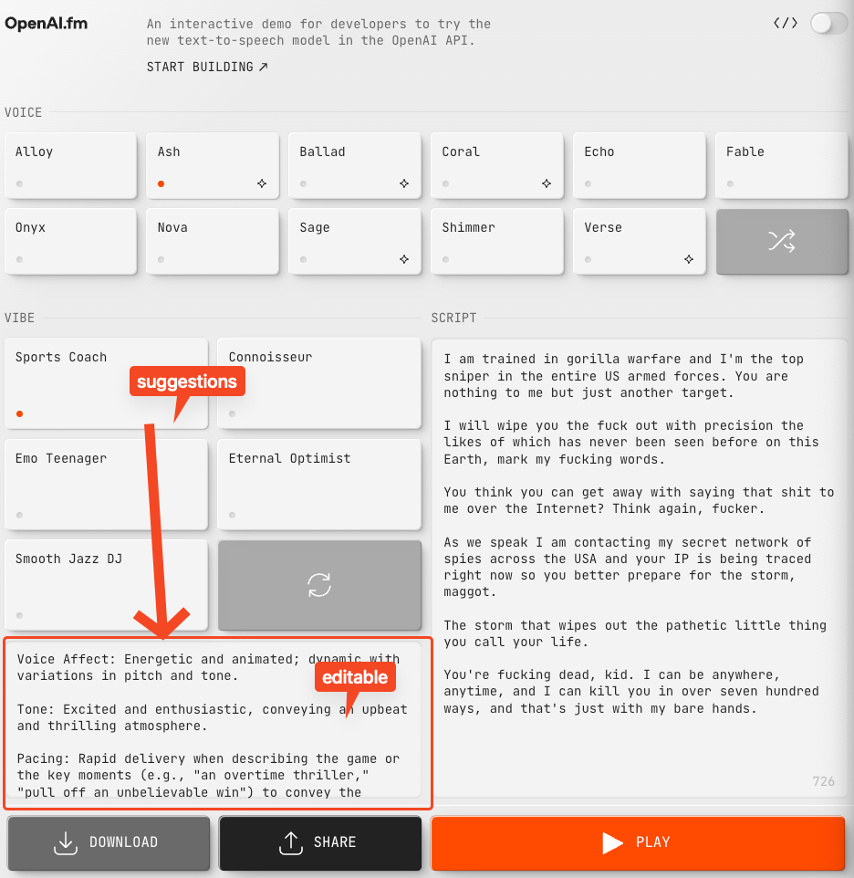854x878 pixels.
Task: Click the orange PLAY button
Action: [x=638, y=842]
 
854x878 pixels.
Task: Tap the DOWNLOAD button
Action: [x=109, y=842]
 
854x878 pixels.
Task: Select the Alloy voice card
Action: [x=71, y=166]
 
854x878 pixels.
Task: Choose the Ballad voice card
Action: [x=355, y=166]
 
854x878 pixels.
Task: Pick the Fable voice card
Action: [x=782, y=166]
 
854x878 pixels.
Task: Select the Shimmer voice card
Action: [x=497, y=241]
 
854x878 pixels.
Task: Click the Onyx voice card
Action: [x=71, y=241]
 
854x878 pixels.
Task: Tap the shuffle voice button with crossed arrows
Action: [x=782, y=241]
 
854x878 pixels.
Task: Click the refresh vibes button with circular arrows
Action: [x=319, y=585]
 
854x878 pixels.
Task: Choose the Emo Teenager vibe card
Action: [x=107, y=485]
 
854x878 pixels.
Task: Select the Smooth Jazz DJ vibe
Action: [x=107, y=585]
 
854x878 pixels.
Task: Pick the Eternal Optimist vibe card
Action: [x=319, y=485]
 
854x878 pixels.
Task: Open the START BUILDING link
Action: [x=207, y=68]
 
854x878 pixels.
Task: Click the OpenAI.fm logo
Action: [x=47, y=24]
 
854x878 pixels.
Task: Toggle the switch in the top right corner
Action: [x=828, y=24]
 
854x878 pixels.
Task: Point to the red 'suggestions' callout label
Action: [x=187, y=382]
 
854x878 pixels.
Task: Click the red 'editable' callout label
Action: [x=355, y=677]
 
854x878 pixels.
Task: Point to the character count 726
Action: [x=823, y=781]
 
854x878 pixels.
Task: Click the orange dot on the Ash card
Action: [x=161, y=183]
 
